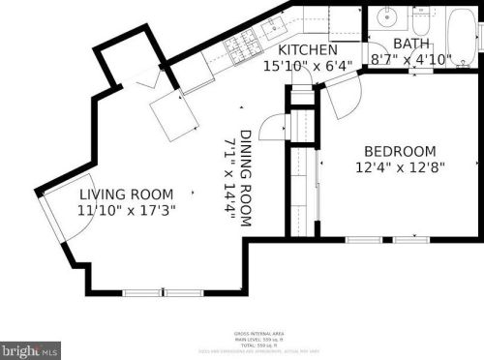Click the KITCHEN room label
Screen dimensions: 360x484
(308, 49)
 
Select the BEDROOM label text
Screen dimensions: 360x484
(399, 151)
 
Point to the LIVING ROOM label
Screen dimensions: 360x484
(125, 194)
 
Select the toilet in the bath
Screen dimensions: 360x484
(422, 19)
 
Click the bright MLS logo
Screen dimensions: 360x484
(30, 349)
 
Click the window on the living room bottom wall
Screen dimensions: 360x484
(163, 292)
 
